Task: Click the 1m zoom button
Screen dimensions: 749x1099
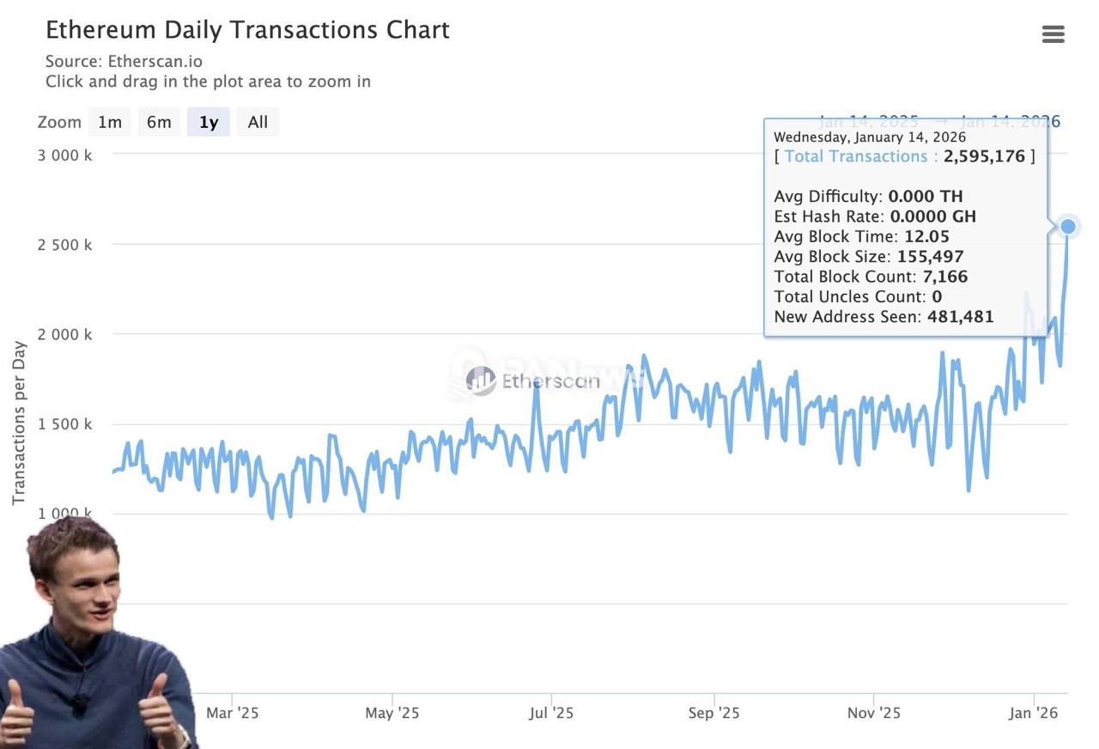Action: (x=110, y=122)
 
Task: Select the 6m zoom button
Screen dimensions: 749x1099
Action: (x=159, y=122)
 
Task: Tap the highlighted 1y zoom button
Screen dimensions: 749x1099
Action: (x=209, y=122)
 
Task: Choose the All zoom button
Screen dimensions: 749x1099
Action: (x=258, y=122)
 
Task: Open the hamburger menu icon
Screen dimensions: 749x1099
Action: (x=1053, y=34)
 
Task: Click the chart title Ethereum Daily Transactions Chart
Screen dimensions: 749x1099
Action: (x=247, y=30)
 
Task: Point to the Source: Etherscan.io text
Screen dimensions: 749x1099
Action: (x=124, y=61)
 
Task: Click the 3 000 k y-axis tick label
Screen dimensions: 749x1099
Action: (x=64, y=155)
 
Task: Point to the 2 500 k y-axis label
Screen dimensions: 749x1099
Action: (x=64, y=245)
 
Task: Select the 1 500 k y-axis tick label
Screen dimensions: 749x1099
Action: (x=64, y=424)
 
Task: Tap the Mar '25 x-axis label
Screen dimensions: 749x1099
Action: (x=232, y=713)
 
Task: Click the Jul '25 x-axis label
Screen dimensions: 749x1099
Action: (x=551, y=713)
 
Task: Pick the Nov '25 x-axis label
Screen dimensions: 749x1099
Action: (x=873, y=713)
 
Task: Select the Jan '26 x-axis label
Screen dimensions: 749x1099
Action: (x=1033, y=713)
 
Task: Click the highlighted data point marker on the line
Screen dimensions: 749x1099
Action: (x=1068, y=227)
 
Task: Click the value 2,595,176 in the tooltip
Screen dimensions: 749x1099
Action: (x=984, y=156)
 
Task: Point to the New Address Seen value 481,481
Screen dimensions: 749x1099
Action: (x=960, y=317)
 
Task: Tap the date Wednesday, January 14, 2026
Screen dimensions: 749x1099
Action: (x=870, y=137)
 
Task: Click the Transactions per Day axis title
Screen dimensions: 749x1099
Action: (x=19, y=423)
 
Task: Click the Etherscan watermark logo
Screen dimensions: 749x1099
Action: (x=532, y=381)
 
